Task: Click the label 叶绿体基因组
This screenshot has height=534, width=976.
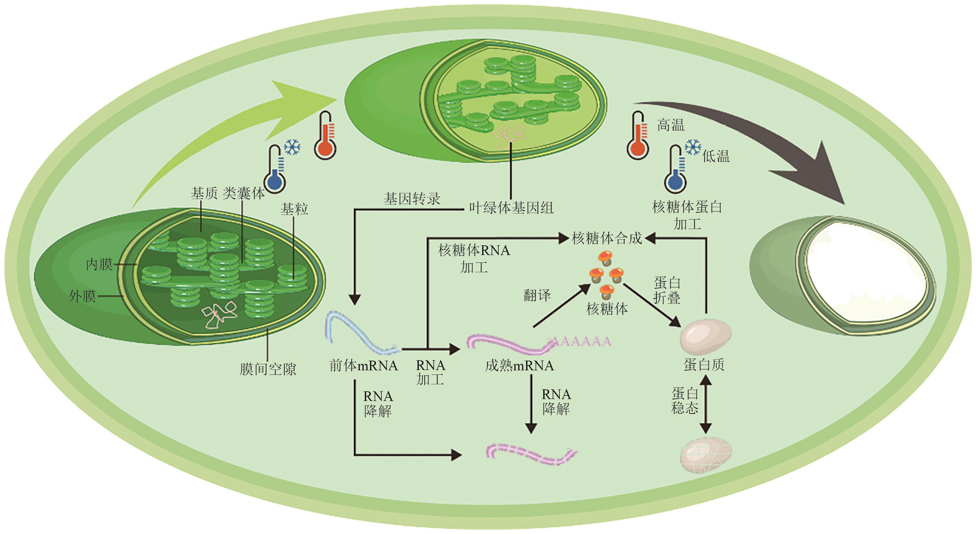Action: [x=511, y=208]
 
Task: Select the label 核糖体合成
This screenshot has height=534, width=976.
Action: [x=607, y=238]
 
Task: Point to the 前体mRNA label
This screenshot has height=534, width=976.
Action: [x=363, y=365]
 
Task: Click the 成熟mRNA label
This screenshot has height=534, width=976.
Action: [x=519, y=365]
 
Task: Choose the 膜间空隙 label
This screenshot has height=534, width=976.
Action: [x=268, y=369]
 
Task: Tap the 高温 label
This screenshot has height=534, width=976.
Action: [x=671, y=125]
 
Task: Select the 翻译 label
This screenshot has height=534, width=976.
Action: [x=537, y=295]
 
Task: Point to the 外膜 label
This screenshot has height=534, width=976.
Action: [x=82, y=296]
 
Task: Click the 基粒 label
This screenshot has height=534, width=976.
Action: [x=294, y=209]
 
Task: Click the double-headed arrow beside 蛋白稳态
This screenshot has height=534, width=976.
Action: [x=705, y=404]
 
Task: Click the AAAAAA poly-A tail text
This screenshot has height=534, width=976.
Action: [x=582, y=342]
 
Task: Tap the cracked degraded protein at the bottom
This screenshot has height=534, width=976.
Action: [x=706, y=455]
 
